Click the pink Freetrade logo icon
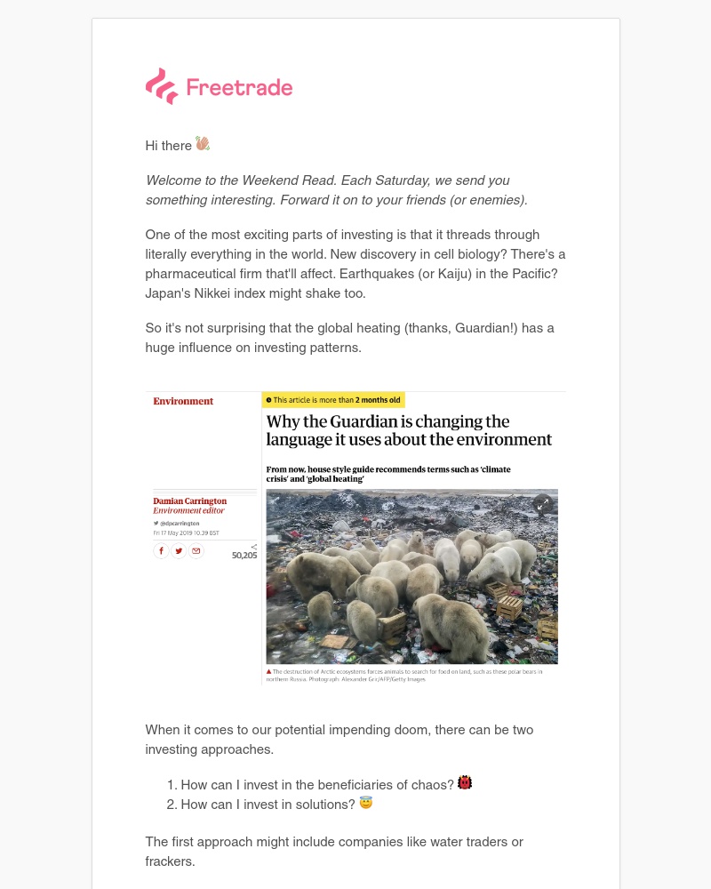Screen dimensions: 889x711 [161, 86]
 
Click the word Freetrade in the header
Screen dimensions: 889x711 [239, 87]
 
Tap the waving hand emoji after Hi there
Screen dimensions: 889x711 [203, 144]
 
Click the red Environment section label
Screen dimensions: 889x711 [183, 401]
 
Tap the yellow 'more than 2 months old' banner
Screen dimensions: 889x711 [333, 400]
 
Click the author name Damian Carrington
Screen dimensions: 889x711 [189, 501]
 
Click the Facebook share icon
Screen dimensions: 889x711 [161, 551]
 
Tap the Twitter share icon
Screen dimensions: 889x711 [179, 551]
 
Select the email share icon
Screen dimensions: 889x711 [196, 551]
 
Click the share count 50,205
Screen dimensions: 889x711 [244, 555]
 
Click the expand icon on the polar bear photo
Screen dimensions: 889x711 [542, 504]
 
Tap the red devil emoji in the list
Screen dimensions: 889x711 [465, 783]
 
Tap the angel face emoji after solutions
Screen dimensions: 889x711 [366, 803]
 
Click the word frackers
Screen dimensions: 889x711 [170, 861]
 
